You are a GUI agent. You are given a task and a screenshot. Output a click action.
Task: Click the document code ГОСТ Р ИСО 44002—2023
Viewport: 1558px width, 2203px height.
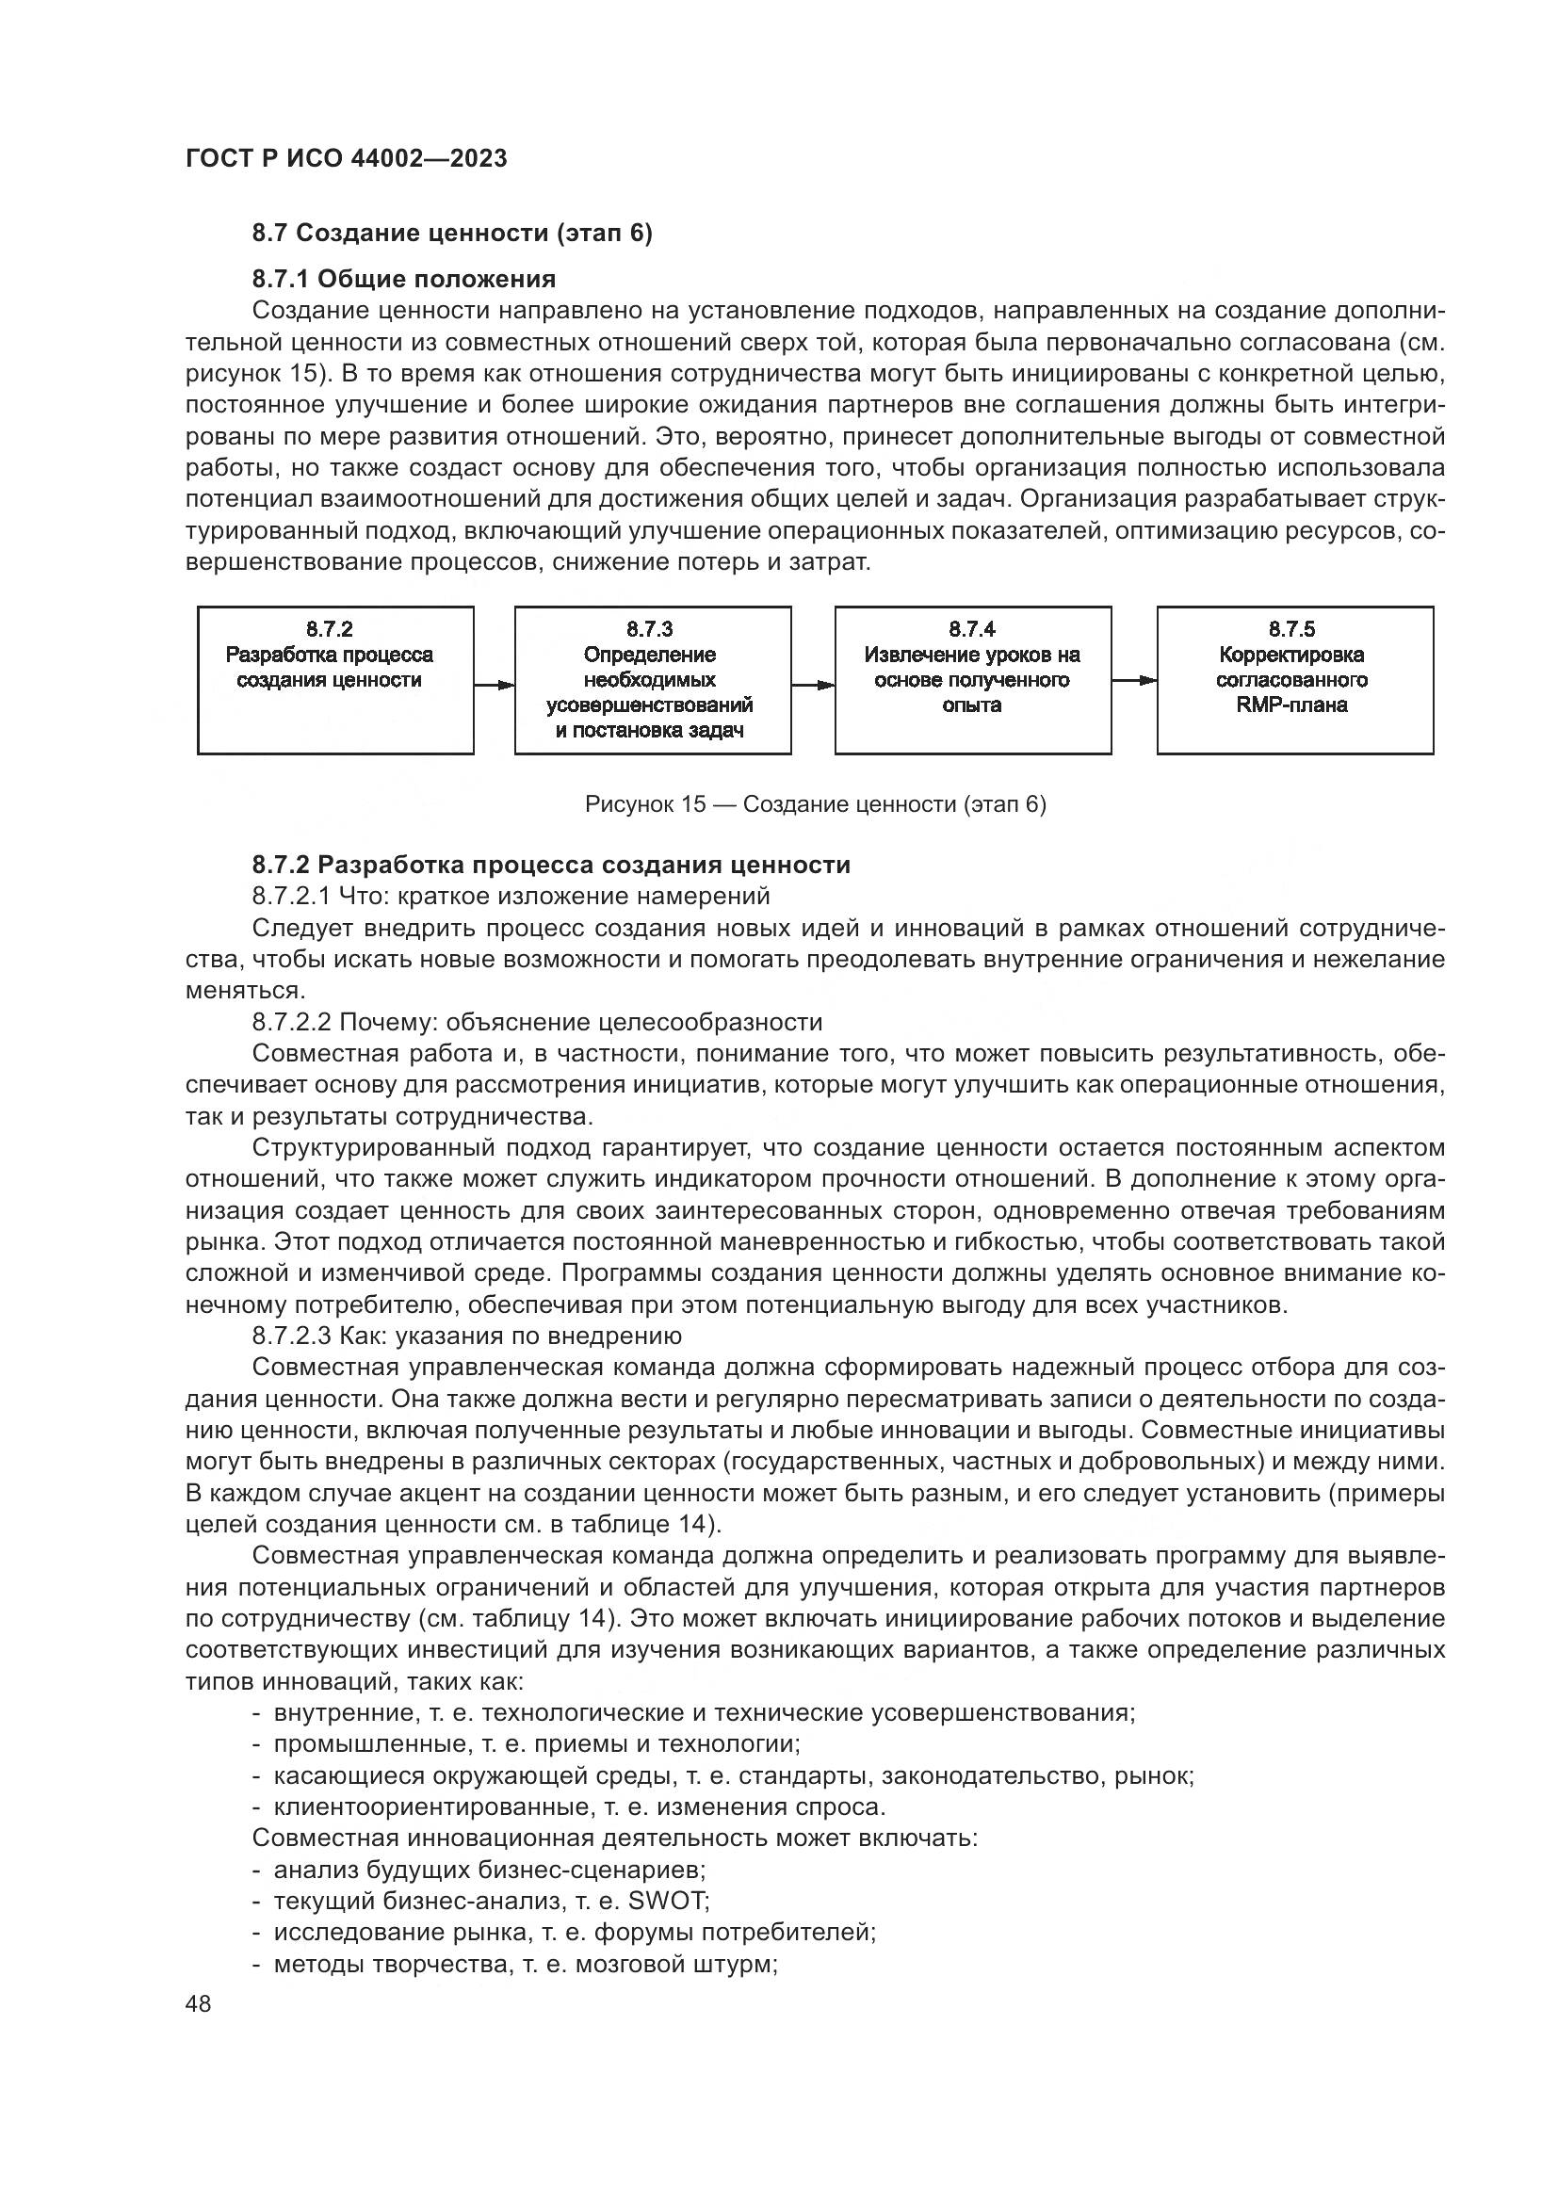(346, 158)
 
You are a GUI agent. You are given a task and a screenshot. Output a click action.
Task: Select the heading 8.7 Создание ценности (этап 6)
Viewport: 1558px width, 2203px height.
(452, 234)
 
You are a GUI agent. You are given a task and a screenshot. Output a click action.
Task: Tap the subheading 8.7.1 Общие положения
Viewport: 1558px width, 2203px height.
(404, 279)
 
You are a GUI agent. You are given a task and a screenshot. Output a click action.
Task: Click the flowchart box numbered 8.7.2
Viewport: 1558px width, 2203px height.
(334, 679)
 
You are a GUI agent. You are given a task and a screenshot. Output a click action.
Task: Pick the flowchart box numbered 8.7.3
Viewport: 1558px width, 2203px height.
(653, 679)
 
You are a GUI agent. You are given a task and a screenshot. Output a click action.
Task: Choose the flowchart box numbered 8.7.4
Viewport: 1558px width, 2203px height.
(973, 679)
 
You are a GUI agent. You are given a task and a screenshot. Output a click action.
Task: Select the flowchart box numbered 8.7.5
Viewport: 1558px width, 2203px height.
(1294, 679)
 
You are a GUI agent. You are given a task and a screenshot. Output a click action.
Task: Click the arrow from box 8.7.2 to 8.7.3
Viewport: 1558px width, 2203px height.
(495, 685)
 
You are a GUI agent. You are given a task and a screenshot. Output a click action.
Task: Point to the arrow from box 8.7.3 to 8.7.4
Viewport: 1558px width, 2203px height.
(813, 685)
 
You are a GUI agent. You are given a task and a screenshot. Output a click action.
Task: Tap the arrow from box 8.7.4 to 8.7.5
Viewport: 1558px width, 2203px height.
(1134, 680)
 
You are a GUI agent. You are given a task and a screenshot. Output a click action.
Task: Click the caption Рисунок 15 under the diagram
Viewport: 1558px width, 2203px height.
(815, 804)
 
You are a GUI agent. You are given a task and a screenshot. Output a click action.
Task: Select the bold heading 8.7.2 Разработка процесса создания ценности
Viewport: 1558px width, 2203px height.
(551, 865)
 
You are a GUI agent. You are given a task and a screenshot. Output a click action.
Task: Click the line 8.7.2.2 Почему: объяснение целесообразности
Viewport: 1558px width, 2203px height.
(537, 1022)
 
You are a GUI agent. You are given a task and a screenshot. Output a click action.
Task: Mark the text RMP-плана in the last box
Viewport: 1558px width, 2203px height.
(1292, 705)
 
